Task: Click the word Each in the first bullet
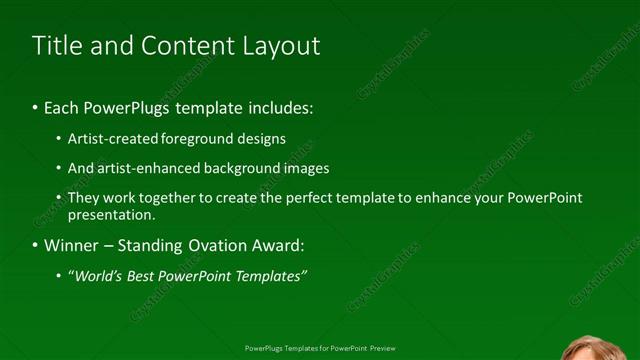click(60, 106)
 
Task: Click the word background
click(238, 168)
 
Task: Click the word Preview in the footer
click(382, 348)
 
